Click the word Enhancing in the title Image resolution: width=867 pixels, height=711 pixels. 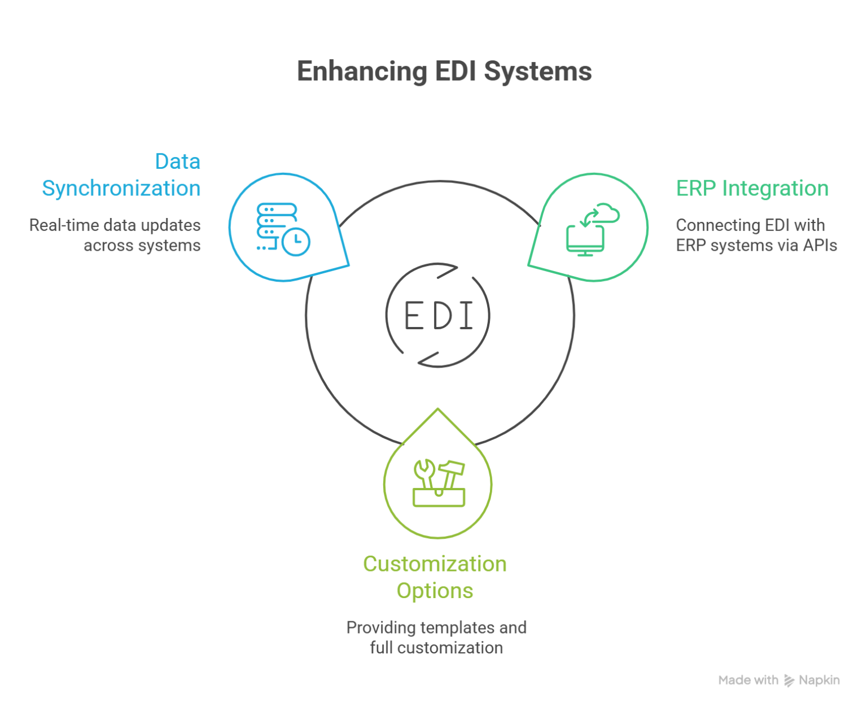[361, 73]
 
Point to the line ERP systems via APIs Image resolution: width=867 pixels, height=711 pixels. [756, 246]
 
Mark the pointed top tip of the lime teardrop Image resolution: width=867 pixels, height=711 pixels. [438, 408]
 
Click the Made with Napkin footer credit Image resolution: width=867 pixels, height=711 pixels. [778, 681]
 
